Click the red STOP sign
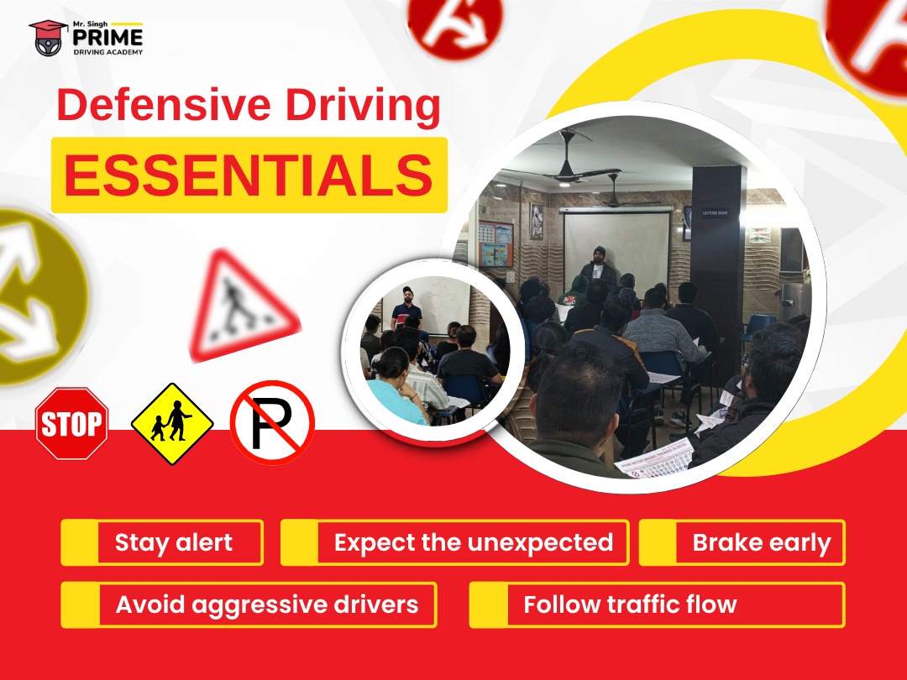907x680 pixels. click(71, 423)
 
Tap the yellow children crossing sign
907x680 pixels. click(172, 423)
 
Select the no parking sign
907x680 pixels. click(272, 422)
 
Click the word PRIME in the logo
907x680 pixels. click(107, 37)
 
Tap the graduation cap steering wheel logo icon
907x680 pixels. click(48, 38)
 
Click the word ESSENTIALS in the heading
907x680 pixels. click(249, 175)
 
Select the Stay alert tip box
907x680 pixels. click(162, 542)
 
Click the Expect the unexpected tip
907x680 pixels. click(454, 542)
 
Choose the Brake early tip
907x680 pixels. click(742, 542)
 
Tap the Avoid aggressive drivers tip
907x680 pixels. click(249, 604)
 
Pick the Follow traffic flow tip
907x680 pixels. click(657, 604)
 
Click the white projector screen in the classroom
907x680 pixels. click(616, 246)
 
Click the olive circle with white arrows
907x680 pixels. click(38, 297)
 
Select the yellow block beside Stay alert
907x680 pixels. click(79, 542)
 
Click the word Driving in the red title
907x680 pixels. click(364, 105)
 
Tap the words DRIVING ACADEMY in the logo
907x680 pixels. click(107, 52)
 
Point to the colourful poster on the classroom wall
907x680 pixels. click(495, 244)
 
